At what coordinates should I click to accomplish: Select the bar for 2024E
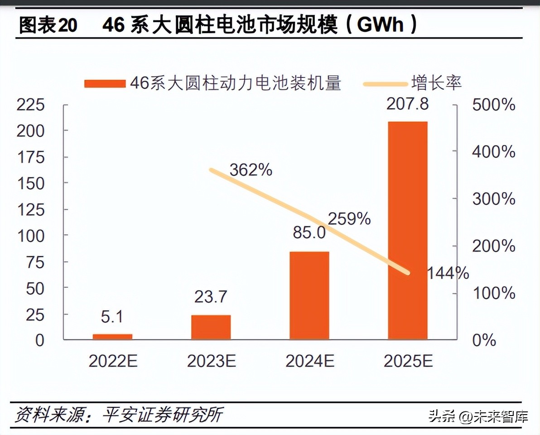(309, 295)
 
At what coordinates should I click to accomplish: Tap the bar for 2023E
(211, 327)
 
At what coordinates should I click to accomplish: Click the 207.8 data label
(407, 104)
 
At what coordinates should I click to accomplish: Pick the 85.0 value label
(309, 233)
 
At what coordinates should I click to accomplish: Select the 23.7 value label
(211, 297)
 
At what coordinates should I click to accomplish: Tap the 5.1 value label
(112, 316)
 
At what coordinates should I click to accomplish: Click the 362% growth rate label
(251, 170)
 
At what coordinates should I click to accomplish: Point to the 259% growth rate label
(349, 219)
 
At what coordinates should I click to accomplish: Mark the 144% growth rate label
(448, 273)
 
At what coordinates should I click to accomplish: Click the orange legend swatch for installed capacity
(104, 84)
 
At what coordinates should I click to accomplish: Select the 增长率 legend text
(436, 83)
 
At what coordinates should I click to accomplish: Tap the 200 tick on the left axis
(31, 131)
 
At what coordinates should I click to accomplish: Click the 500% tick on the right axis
(493, 105)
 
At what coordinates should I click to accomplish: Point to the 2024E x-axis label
(310, 361)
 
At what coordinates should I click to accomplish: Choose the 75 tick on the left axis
(35, 262)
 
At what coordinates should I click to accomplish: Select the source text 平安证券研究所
(162, 414)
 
